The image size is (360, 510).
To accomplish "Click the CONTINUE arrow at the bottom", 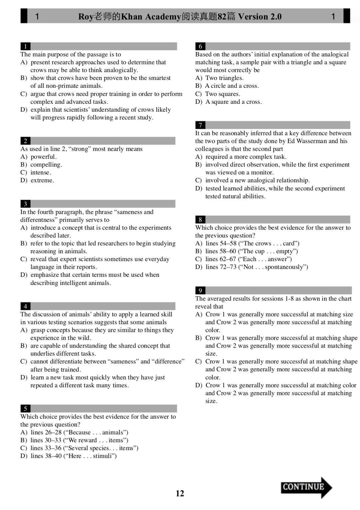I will [x=306, y=487].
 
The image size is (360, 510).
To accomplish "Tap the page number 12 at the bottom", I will [x=180, y=493].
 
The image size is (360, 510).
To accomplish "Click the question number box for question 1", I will [x=25, y=46].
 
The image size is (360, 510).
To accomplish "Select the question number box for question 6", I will [x=200, y=46].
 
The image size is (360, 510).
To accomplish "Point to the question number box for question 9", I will [x=200, y=291].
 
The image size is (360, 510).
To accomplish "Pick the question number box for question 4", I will [x=25, y=306].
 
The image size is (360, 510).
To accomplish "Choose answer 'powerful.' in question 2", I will [x=43, y=157].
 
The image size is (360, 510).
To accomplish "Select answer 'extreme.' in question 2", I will [x=42, y=180].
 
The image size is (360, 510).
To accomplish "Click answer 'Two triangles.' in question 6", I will [x=224, y=78].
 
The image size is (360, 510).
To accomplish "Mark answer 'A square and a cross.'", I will [x=233, y=102].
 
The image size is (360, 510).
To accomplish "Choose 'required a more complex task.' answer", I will [x=246, y=157].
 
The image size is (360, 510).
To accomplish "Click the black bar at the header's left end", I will [x=24, y=16].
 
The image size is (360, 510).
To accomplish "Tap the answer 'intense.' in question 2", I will [x=41, y=172].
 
